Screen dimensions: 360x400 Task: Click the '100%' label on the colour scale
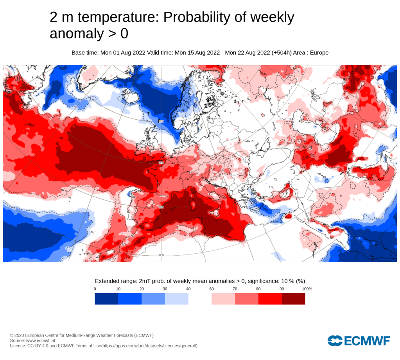(x=307, y=289)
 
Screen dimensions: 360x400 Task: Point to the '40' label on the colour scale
(x=188, y=289)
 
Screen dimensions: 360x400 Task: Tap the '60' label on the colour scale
(x=212, y=289)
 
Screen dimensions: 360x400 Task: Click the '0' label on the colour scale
(x=95, y=289)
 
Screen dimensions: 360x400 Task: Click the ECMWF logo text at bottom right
(x=367, y=341)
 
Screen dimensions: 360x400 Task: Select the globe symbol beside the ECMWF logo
(x=335, y=341)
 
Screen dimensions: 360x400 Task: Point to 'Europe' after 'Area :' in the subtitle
(x=319, y=53)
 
